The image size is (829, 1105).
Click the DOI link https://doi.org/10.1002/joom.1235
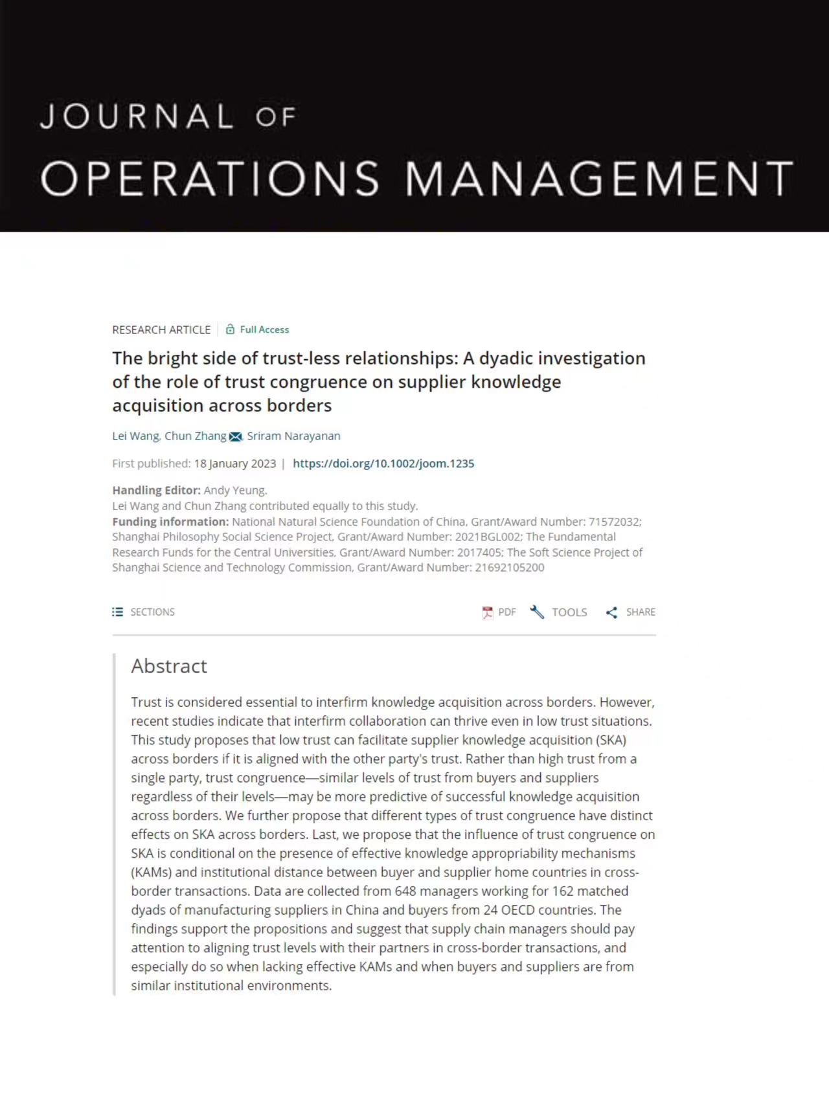(383, 463)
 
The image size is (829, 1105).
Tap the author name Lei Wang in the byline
(135, 436)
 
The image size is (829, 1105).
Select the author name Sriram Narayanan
(293, 436)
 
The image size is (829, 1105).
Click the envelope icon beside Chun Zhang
(235, 437)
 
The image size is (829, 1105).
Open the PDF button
(499, 612)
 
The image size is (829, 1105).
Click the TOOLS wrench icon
(537, 612)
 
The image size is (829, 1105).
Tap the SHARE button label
(641, 612)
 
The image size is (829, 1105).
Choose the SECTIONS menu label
(152, 612)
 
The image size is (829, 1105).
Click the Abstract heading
(169, 666)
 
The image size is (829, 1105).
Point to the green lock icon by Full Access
(230, 329)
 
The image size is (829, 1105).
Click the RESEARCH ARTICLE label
(161, 330)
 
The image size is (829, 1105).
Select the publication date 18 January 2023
(234, 463)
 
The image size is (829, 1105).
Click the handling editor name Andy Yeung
(234, 491)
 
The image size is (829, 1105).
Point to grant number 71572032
(614, 522)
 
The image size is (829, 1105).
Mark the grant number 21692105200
(510, 568)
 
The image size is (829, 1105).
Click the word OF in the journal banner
(276, 117)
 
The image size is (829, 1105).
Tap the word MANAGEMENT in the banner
(599, 178)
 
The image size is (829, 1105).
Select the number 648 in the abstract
(405, 891)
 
